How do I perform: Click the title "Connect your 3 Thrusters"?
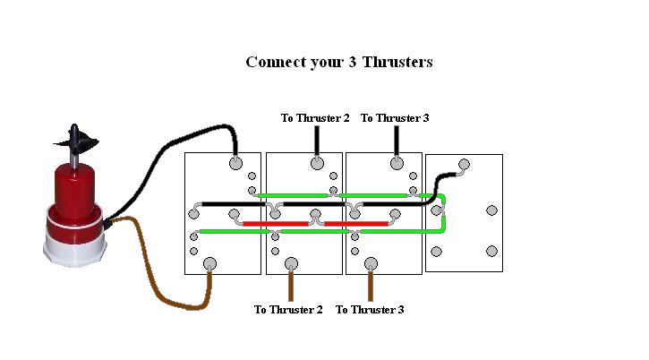(338, 62)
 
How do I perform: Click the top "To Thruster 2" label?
(314, 117)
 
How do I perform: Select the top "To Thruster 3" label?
(394, 117)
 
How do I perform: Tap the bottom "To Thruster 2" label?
(287, 310)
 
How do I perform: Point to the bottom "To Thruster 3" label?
(369, 310)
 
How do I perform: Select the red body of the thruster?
(77, 193)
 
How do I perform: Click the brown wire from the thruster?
(157, 269)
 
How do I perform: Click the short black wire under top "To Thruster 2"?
(317, 141)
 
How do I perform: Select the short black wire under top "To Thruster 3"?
(397, 141)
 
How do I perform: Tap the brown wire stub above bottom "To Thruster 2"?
(290, 285)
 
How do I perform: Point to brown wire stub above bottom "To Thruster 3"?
(371, 285)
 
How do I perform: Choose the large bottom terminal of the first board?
(210, 263)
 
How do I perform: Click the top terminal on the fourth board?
(464, 164)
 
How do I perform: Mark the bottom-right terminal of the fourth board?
(491, 250)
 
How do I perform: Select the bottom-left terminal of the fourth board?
(436, 250)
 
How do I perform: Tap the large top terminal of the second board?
(317, 163)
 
